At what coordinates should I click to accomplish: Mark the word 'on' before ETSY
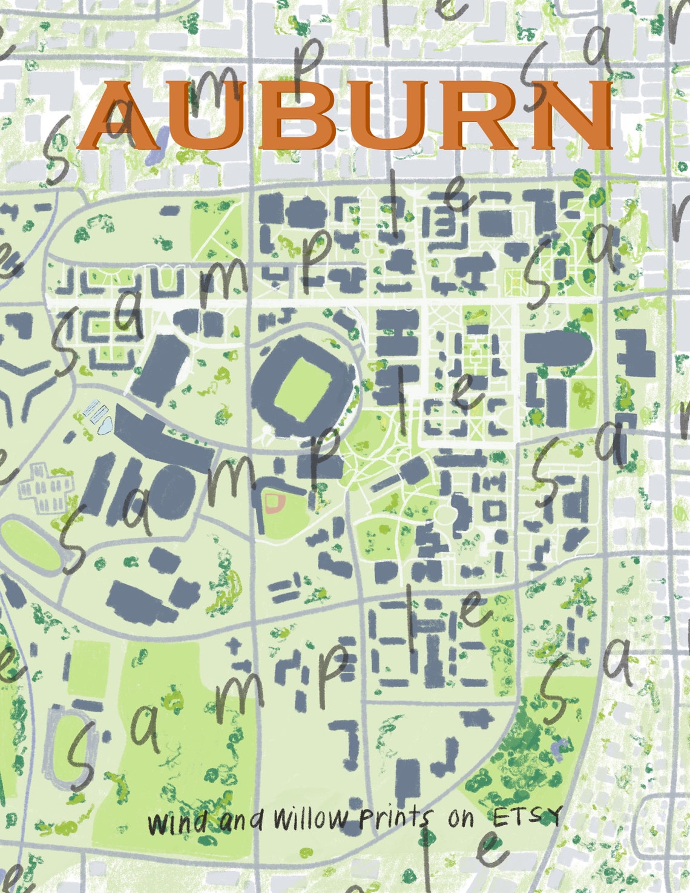coord(461,819)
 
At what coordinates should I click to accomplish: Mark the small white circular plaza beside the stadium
coord(266,433)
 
